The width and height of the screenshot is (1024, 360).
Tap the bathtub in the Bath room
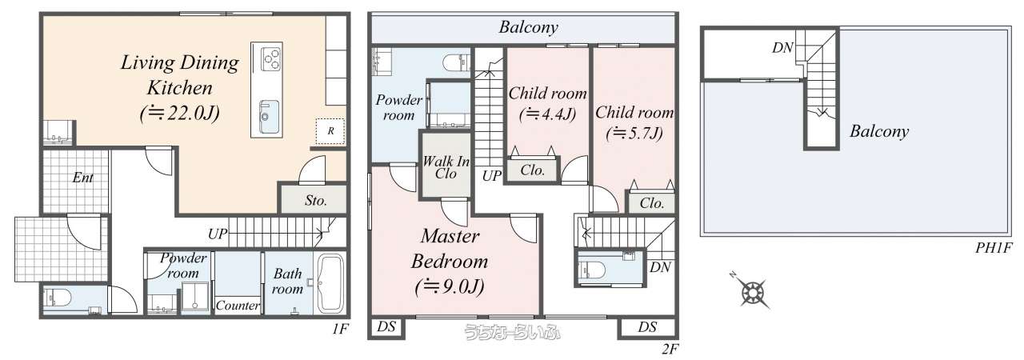[331, 283]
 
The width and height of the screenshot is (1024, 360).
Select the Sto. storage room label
[316, 201]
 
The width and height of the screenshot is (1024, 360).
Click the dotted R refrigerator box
[330, 131]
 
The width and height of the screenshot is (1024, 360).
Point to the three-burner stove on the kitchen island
[270, 59]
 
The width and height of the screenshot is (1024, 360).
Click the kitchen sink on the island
[269, 117]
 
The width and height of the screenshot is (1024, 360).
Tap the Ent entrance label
[82, 178]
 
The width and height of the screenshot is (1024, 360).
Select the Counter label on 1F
[238, 305]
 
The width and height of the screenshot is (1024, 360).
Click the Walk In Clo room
[446, 166]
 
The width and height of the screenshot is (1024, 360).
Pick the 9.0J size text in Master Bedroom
[450, 286]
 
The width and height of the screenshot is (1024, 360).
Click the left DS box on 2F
[386, 327]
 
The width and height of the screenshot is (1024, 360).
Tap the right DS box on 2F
[647, 327]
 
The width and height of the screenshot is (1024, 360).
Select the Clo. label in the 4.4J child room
[533, 170]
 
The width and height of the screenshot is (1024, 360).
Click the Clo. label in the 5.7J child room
[652, 203]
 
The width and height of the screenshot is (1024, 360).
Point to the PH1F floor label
[994, 248]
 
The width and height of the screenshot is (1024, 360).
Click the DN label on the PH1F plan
[782, 47]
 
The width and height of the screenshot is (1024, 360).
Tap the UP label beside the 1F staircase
[218, 234]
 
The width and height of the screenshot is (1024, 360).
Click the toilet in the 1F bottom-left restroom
[58, 298]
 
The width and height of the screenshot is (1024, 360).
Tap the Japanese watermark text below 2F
[512, 332]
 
